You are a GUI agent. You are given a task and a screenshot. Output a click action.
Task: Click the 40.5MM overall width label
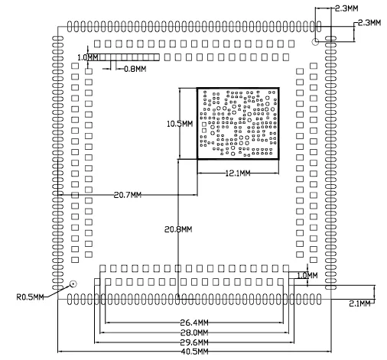tap(194, 352)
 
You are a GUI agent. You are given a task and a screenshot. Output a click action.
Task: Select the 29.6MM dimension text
tap(194, 342)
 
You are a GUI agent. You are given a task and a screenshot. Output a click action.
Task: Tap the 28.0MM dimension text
tap(194, 332)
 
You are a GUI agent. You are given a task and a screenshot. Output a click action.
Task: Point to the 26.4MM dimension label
tap(194, 323)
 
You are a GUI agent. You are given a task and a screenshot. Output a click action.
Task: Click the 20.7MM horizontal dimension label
tap(128, 195)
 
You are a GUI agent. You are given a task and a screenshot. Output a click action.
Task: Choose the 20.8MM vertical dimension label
tap(178, 229)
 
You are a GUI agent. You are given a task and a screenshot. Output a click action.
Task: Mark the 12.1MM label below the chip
tap(238, 174)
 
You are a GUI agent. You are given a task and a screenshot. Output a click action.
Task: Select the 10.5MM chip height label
tap(180, 124)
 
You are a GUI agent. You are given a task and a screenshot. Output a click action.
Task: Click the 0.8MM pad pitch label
tap(135, 69)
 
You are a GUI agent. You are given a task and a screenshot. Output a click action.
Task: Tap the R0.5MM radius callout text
tap(30, 297)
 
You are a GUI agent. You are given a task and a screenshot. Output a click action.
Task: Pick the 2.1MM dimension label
tap(359, 303)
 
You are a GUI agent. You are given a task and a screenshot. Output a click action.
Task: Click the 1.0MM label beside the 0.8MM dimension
tap(87, 57)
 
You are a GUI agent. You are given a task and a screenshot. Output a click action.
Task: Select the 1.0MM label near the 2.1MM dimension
tap(307, 275)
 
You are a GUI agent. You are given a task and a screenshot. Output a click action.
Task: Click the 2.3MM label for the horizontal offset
tap(346, 8)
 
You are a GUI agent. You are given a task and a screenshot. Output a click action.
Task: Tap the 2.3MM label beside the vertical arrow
tap(369, 23)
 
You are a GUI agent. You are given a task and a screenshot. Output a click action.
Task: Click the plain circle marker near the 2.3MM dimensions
tap(315, 42)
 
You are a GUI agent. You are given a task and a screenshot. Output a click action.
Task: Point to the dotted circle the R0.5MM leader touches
tap(73, 284)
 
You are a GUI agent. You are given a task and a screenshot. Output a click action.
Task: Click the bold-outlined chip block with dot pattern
tap(238, 124)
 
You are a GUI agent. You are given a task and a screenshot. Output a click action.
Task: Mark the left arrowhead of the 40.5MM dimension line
tap(60, 352)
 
